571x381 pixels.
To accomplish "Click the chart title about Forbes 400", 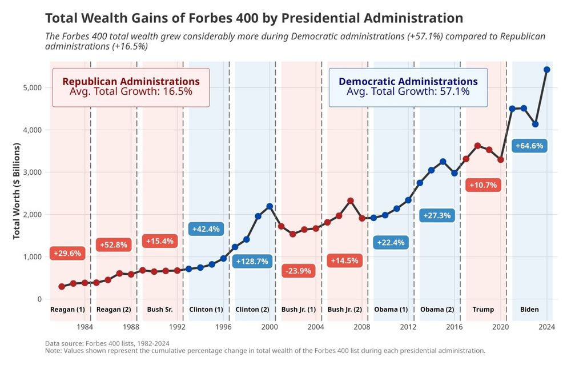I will (x=254, y=18).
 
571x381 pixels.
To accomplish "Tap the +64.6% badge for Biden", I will (x=529, y=146).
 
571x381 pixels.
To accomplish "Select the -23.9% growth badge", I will (x=297, y=271).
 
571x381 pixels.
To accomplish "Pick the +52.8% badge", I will (x=114, y=244).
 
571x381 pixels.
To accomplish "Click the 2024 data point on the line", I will (x=546, y=70).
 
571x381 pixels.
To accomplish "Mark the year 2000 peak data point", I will (x=270, y=206).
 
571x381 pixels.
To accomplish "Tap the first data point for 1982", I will (x=62, y=287).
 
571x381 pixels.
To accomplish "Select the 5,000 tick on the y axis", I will (x=32, y=87).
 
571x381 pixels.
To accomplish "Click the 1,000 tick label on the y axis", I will (x=32, y=256).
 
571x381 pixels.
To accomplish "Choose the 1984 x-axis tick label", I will (x=85, y=327).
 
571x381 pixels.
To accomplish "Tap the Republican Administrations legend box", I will (x=131, y=87).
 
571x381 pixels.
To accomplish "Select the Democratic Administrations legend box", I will (x=408, y=87).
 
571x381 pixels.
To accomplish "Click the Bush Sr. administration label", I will (x=160, y=310).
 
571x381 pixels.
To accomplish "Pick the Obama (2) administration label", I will (x=437, y=310).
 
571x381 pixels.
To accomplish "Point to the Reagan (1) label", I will (x=67, y=310).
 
